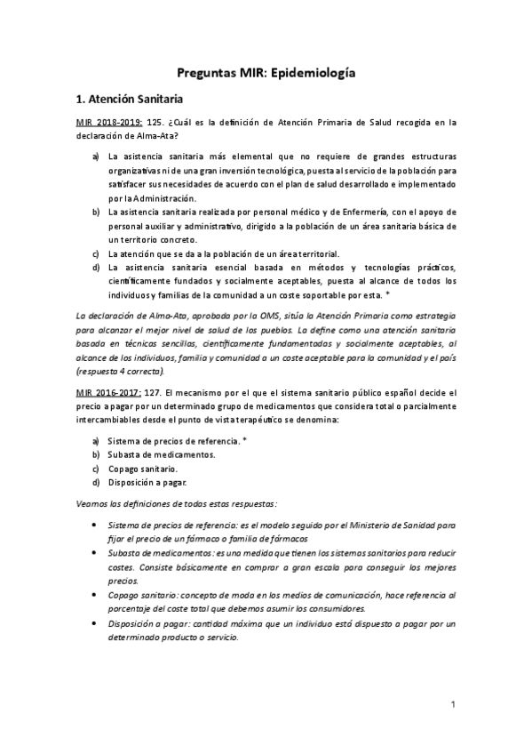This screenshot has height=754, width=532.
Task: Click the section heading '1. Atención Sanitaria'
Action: click(x=129, y=100)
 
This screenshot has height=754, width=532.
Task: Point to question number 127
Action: click(x=153, y=390)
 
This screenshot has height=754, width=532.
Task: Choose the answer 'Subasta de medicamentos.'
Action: click(x=158, y=454)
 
